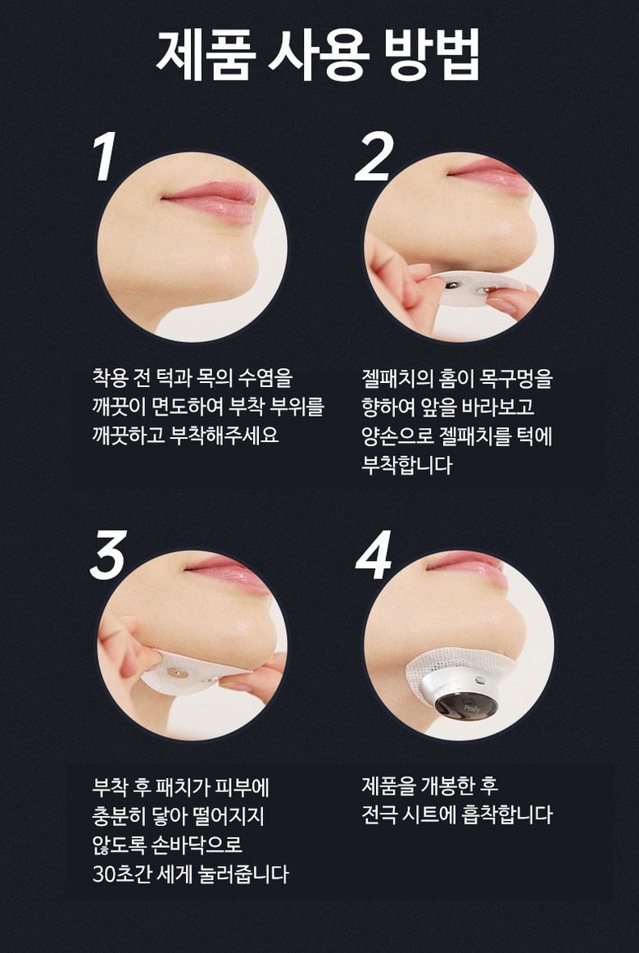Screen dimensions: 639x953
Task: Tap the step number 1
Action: pyautogui.click(x=105, y=157)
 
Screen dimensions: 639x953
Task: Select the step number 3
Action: pyautogui.click(x=109, y=554)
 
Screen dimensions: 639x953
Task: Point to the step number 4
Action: pyautogui.click(x=374, y=554)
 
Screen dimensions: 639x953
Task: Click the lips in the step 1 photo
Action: pyautogui.click(x=211, y=200)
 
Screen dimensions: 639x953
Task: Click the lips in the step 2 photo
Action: pyautogui.click(x=489, y=174)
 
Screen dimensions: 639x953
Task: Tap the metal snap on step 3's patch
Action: pyautogui.click(x=174, y=673)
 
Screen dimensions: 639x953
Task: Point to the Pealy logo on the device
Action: pyautogui.click(x=472, y=708)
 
